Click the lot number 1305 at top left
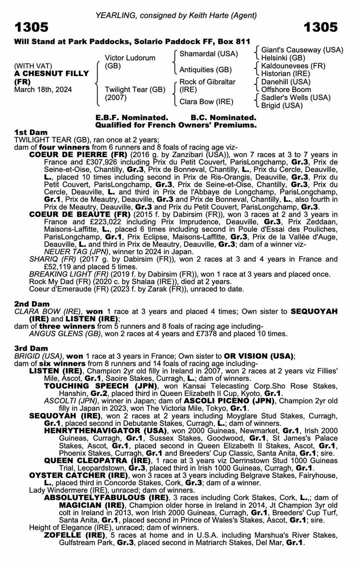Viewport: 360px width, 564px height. click(x=31, y=27)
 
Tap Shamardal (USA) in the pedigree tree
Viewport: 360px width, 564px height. click(x=208, y=54)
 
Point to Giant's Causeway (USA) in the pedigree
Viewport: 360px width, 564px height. click(x=302, y=50)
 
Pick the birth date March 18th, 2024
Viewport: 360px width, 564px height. click(x=43, y=90)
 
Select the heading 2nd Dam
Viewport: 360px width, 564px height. click(x=32, y=304)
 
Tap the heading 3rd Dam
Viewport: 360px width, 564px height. click(x=31, y=348)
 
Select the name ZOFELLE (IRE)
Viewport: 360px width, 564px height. click(x=74, y=535)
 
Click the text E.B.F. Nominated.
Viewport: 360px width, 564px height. click(x=131, y=118)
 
